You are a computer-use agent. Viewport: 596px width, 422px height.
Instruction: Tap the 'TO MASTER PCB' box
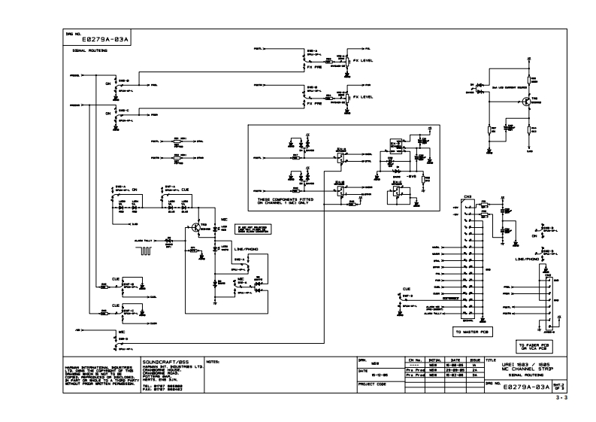click(x=472, y=330)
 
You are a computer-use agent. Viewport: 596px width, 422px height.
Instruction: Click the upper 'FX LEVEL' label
click(x=364, y=62)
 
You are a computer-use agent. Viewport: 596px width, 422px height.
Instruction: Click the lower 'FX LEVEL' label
click(x=364, y=97)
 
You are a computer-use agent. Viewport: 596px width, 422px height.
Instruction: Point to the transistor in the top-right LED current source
click(x=516, y=101)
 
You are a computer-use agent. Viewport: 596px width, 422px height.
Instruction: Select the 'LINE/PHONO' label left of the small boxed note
click(x=247, y=248)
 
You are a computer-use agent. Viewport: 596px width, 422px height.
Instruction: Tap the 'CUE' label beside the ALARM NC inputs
click(x=407, y=289)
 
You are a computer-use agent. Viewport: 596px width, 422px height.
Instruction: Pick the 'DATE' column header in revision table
click(x=455, y=361)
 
